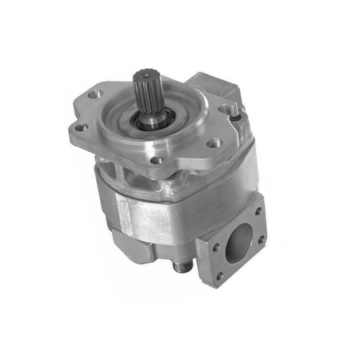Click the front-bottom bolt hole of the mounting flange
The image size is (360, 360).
(158, 160)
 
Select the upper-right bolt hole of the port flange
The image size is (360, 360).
(258, 212)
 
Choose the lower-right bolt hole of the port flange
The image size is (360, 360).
(260, 239)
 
